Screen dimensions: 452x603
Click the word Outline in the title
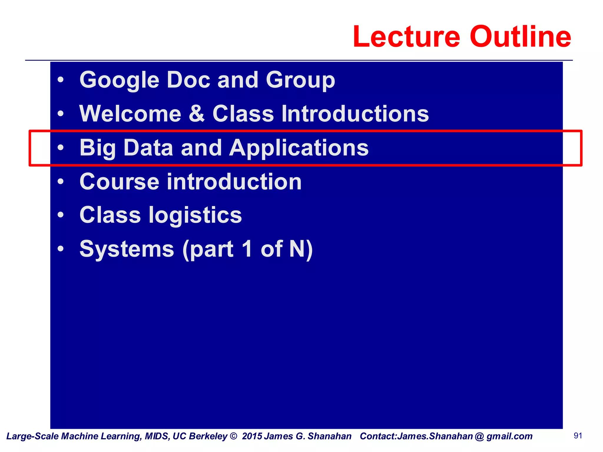click(520, 37)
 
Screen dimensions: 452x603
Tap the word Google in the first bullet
click(119, 80)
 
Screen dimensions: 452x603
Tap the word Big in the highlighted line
click(97, 148)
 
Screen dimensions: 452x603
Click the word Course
click(119, 182)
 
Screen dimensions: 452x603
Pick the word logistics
click(195, 215)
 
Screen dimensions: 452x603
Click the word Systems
click(127, 249)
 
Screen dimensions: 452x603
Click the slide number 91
click(578, 436)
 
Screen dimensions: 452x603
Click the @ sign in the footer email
click(479, 436)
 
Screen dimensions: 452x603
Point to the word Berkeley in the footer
click(208, 436)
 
